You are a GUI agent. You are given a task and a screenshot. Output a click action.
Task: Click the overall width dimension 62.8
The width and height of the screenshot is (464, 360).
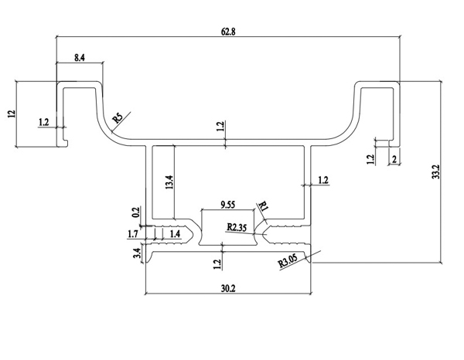click(227, 32)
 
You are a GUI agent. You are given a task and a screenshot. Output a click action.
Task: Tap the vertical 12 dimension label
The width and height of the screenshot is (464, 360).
click(11, 113)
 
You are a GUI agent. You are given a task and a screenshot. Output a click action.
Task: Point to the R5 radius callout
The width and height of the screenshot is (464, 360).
click(118, 117)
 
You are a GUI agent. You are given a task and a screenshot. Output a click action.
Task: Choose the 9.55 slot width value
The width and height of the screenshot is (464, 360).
click(228, 205)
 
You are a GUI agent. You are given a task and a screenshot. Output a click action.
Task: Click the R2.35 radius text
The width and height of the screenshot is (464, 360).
click(237, 227)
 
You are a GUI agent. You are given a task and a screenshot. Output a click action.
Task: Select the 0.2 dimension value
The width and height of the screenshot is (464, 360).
click(137, 212)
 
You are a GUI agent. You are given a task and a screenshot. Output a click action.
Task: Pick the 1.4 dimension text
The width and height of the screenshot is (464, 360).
click(175, 232)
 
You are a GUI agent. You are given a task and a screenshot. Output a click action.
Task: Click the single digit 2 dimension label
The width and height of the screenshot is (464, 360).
click(394, 160)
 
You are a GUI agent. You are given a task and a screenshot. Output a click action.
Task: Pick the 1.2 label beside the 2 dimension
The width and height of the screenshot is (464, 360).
click(370, 159)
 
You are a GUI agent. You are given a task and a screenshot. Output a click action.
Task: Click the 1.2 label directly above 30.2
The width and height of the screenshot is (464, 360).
click(217, 263)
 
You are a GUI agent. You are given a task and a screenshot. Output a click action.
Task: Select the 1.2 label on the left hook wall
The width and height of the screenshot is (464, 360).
click(43, 121)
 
